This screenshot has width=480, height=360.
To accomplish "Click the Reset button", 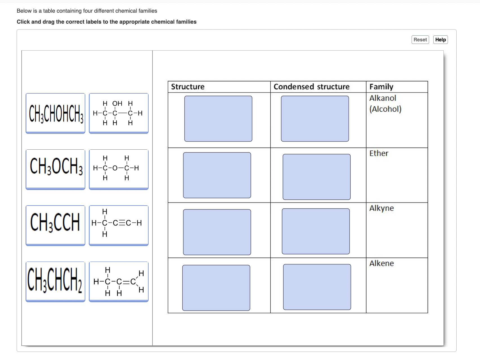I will click(420, 40).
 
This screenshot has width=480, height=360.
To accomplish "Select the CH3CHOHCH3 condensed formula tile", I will click(55, 113).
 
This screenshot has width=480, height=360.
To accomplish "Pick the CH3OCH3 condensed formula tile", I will click(55, 169).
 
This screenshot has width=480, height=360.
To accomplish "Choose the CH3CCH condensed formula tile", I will click(55, 225).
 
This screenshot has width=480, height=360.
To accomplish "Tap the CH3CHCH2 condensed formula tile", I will click(55, 282).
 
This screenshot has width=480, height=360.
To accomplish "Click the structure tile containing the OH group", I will click(118, 113).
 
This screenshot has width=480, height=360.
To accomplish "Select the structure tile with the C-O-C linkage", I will click(118, 169).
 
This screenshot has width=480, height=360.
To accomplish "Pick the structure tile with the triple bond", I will click(118, 225).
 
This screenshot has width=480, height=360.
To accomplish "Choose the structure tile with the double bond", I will click(118, 282).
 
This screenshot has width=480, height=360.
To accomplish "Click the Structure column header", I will click(188, 87).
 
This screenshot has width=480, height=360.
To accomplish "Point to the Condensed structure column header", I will click(311, 87).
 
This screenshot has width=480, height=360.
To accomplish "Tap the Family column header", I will click(381, 87).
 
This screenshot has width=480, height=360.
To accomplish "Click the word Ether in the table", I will click(379, 153).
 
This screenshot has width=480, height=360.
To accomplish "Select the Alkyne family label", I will click(382, 208).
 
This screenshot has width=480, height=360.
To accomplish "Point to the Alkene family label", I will click(382, 263).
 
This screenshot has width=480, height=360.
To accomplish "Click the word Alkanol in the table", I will click(383, 98).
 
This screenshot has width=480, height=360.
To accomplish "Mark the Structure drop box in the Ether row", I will click(217, 175).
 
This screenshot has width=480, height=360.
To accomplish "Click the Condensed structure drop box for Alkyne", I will click(316, 231).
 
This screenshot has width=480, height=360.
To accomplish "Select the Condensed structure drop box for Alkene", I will click(317, 287).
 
